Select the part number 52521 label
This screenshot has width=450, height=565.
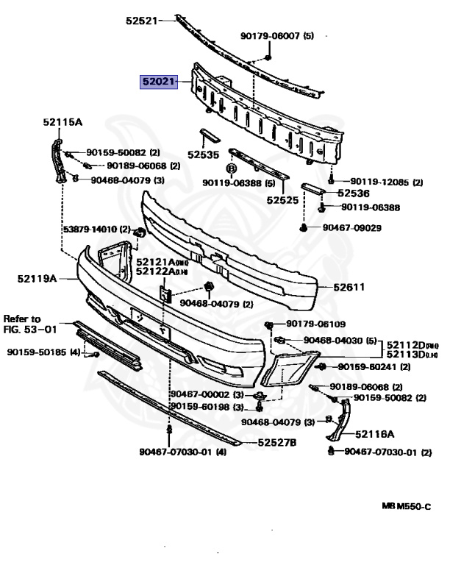click(x=141, y=21)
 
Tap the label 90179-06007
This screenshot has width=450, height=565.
click(x=271, y=35)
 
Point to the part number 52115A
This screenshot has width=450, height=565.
click(x=63, y=123)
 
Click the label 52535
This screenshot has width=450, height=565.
click(x=204, y=155)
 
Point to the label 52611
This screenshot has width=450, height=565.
click(x=349, y=288)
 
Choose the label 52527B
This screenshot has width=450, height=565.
click(x=276, y=442)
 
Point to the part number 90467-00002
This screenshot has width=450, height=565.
click(x=200, y=395)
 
